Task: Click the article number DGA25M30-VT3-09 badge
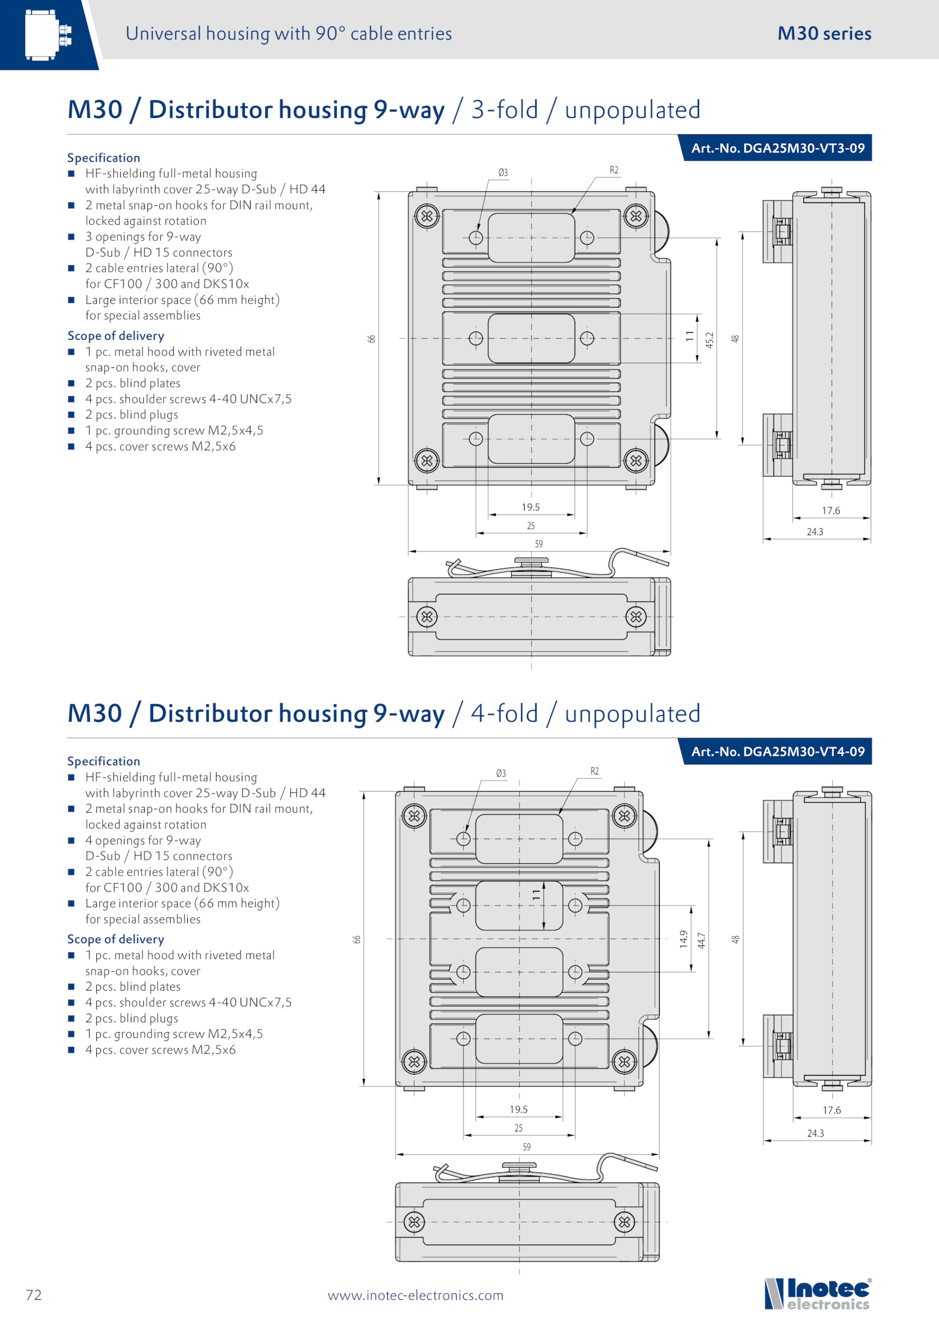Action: coord(777,148)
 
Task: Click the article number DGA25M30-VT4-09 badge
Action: coord(777,751)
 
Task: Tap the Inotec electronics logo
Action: coord(818,1294)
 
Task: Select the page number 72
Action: coord(34,1295)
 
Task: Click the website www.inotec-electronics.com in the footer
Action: coord(416,1295)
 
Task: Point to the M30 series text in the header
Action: coord(824,33)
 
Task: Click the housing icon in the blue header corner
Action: coord(48,35)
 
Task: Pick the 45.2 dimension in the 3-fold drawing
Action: coord(710,340)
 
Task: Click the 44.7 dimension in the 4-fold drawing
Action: coord(701,940)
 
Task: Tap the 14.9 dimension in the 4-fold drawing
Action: coord(684,938)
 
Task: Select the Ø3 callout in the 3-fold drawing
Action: coord(503,173)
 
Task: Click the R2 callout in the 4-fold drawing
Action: coord(595,771)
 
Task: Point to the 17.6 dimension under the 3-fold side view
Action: coord(830,511)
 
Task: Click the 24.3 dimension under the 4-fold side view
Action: coord(815,1133)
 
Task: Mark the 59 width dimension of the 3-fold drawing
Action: coord(539,544)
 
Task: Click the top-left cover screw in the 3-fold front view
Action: coord(427,216)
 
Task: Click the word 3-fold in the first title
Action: coord(505,110)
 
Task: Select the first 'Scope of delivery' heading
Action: coord(116,336)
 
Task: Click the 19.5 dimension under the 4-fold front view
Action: coord(518,1109)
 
